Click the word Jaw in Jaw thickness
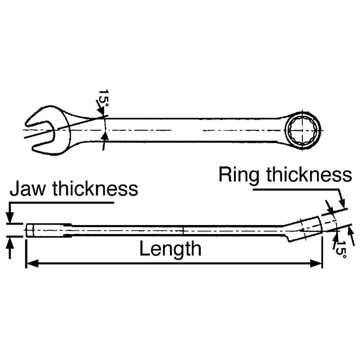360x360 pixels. point(27,189)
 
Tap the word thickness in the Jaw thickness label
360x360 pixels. point(95,189)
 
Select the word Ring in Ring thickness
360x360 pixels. point(239,175)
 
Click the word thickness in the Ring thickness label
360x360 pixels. point(309,175)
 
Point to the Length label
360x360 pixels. point(170,248)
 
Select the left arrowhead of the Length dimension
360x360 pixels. point(32,264)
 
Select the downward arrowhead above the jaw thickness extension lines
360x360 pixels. point(10,217)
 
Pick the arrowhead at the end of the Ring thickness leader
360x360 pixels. point(342,202)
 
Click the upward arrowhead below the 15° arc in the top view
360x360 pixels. point(105,137)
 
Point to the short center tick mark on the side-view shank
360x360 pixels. point(183,230)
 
